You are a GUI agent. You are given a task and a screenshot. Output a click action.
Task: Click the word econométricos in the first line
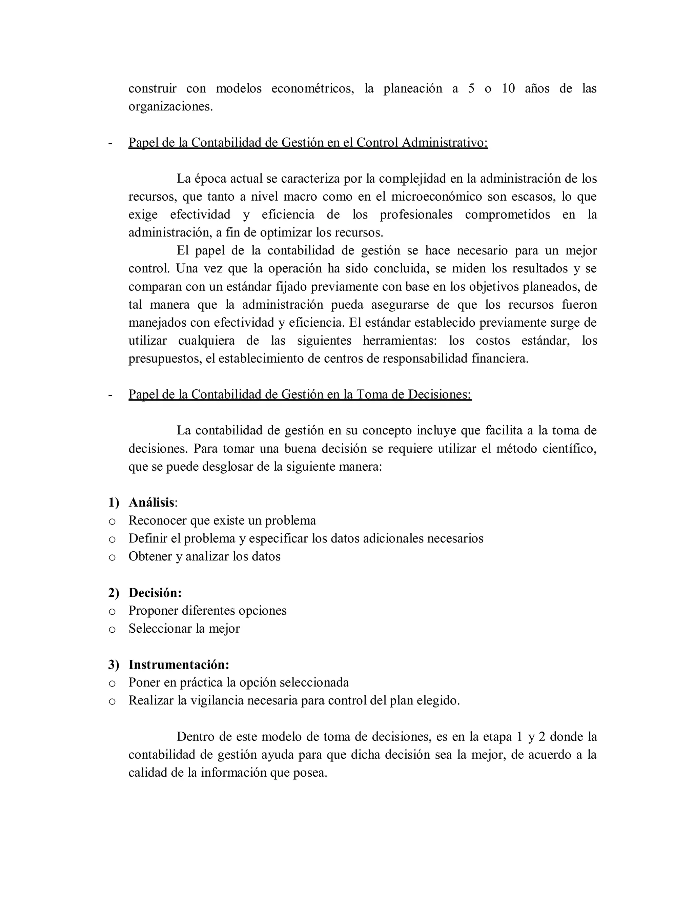312,88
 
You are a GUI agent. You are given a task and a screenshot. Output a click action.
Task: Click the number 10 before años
508,88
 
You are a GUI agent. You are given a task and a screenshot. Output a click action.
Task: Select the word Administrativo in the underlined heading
445,142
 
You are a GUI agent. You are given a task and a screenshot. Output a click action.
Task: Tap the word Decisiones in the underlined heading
439,394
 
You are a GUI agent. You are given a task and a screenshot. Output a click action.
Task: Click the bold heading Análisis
151,503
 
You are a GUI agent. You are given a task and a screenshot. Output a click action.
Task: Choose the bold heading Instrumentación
179,665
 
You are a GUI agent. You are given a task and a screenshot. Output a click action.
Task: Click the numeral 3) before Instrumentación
114,665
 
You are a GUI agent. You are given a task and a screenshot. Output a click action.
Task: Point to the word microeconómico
436,197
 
